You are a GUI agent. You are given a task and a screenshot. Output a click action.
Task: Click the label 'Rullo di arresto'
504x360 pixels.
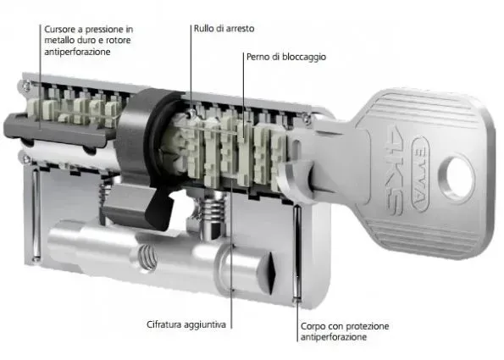(x=224, y=29)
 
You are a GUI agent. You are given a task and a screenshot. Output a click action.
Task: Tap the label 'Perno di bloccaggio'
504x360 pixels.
(x=286, y=57)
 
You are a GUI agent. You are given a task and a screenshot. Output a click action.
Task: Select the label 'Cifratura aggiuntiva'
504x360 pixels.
(x=186, y=324)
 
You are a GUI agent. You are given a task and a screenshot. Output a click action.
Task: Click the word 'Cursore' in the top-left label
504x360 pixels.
(x=59, y=30)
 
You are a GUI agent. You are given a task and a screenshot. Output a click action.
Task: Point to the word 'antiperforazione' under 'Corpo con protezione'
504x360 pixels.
(x=334, y=337)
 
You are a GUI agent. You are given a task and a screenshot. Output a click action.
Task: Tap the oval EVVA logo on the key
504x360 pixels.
(x=420, y=174)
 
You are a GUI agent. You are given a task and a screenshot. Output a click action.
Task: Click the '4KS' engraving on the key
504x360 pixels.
(x=395, y=170)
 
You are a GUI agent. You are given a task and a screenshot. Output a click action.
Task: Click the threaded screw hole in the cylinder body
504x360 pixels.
(x=148, y=258)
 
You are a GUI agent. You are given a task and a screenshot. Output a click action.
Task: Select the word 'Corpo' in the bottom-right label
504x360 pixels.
(x=312, y=327)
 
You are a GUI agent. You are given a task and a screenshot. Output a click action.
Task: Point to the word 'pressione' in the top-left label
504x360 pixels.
(x=98, y=30)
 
